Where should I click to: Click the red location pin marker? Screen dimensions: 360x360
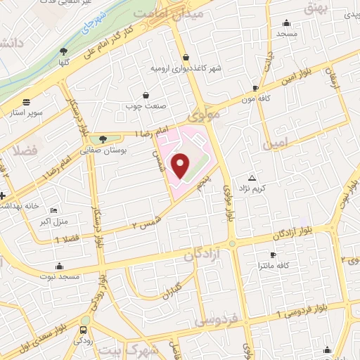click(181, 165)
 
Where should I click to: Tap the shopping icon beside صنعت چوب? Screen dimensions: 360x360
click(146, 94)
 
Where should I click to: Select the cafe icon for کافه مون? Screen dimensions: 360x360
click(255, 88)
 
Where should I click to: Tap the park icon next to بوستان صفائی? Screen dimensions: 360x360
click(103, 139)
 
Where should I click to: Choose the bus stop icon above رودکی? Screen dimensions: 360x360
click(84, 330)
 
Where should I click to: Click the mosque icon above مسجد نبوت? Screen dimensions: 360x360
click(58, 266)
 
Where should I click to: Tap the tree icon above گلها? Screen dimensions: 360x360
click(64, 51)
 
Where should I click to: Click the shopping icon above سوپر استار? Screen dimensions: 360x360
click(27, 101)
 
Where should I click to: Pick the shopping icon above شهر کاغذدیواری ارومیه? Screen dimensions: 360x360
click(185, 58)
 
